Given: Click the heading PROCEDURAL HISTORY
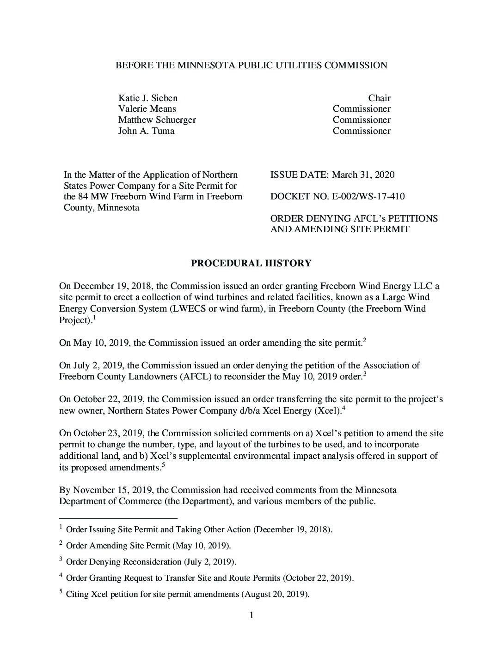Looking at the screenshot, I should click(x=251, y=263).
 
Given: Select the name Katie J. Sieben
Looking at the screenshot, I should click(x=148, y=98).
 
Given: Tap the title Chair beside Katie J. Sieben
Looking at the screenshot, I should click(x=379, y=98).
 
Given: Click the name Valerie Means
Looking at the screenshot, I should click(x=147, y=109).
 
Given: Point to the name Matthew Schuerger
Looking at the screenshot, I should click(x=157, y=120).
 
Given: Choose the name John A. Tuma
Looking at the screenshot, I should click(x=146, y=131).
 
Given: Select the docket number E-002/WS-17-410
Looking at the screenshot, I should click(x=368, y=197).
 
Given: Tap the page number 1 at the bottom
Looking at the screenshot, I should click(x=251, y=615).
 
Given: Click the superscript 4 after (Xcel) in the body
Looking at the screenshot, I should click(x=344, y=408).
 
